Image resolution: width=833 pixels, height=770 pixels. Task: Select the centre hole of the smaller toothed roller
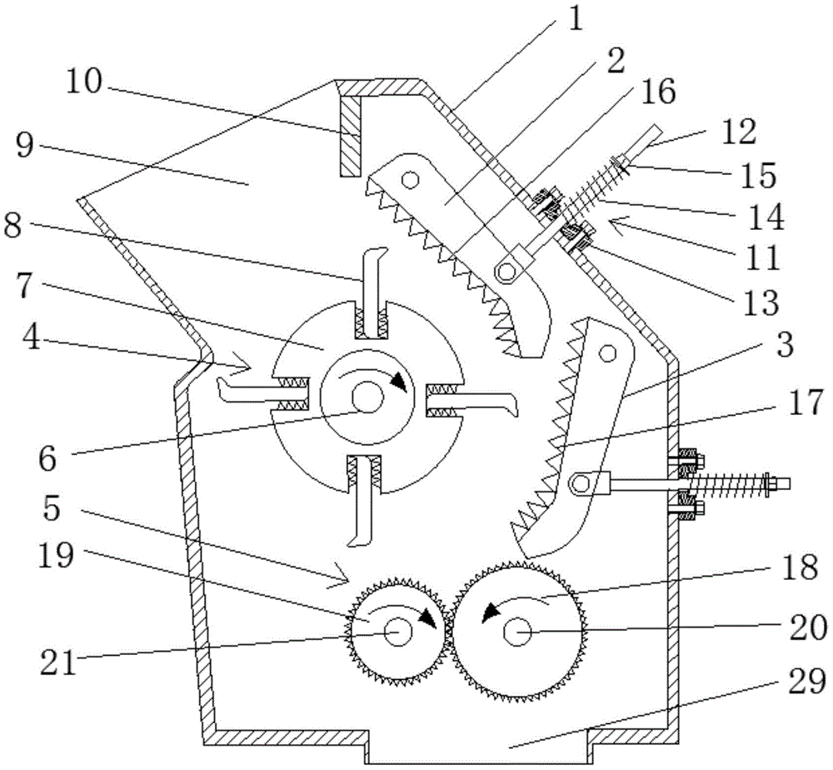coord(396,632)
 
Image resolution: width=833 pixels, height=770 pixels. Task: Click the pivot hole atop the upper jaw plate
coord(409,179)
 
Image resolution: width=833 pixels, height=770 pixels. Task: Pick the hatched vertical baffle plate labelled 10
coord(351,133)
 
